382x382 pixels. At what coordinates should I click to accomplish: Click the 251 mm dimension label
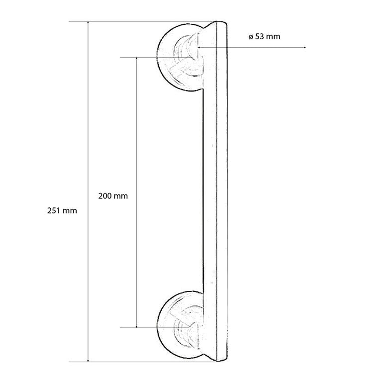point(62,210)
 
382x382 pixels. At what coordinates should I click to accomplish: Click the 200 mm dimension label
point(113,196)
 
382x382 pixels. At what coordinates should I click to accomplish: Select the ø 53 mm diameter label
point(264,36)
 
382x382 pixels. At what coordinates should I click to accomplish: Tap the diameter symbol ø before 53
point(251,37)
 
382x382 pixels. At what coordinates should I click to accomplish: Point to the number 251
point(54,210)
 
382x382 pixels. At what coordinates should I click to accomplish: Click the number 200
point(105,196)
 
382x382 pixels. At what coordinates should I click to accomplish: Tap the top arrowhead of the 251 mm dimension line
point(88,23)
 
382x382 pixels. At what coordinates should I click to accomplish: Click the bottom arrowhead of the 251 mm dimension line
point(88,360)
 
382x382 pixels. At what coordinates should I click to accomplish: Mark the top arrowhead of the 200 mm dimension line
point(136,59)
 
